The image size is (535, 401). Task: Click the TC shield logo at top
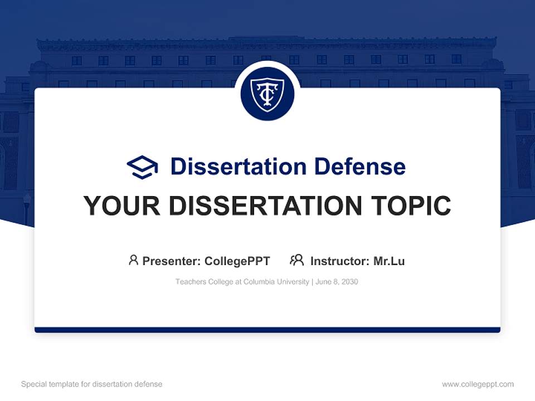tap(267, 94)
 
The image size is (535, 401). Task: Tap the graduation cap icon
tap(142, 167)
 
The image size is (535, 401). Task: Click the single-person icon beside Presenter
tap(133, 260)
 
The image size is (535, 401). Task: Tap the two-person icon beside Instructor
tap(296, 260)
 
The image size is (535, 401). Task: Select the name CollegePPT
tap(237, 261)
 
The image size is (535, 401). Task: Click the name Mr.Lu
tap(389, 261)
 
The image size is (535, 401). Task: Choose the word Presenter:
tap(171, 261)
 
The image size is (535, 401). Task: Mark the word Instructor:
tap(339, 261)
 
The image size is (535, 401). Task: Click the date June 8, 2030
tap(337, 282)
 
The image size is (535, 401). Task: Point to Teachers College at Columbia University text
tap(242, 282)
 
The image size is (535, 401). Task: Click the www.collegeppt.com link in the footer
tap(478, 384)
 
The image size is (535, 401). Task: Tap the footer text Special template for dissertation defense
tap(91, 384)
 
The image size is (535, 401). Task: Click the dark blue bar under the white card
tap(267, 330)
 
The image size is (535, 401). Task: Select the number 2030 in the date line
tap(349, 282)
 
